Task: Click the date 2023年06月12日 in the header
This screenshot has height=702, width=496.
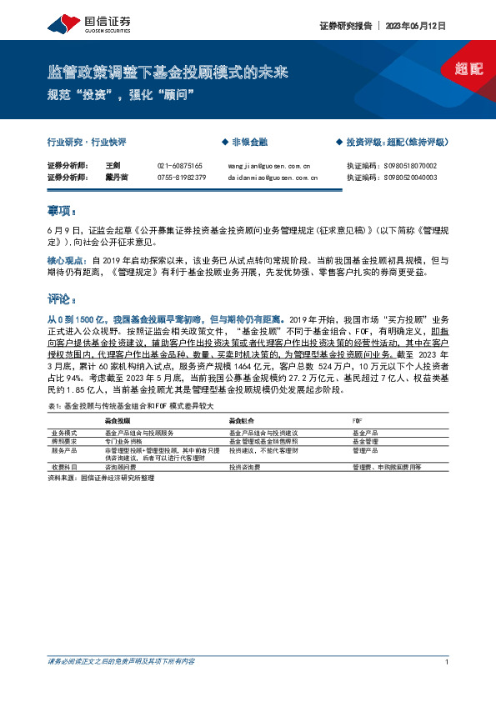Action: pos(416,26)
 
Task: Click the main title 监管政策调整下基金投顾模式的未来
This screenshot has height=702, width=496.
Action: pos(168,73)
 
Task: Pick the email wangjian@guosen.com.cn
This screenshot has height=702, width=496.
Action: pos(268,166)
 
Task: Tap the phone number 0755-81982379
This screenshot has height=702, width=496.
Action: pos(181,177)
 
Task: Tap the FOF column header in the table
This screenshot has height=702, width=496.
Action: pos(358,421)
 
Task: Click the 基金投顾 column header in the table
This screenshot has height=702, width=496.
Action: pos(117,421)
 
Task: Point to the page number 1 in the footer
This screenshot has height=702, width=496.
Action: pos(448,661)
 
